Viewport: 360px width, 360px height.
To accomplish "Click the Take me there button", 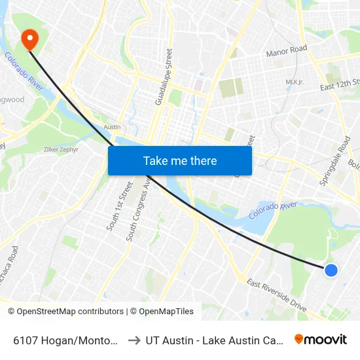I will pyautogui.click(x=179, y=160).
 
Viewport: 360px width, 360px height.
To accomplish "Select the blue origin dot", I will pyautogui.click(x=331, y=270).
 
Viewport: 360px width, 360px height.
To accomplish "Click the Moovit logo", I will pyautogui.click(x=320, y=339).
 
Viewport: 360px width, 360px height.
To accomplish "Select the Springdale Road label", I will pyautogui.click(x=334, y=161).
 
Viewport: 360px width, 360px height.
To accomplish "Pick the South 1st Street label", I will pyautogui.click(x=118, y=206).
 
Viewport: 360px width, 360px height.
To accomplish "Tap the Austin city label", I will pyautogui.click(x=113, y=127).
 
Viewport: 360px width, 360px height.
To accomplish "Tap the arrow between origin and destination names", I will pyautogui.click(x=133, y=340).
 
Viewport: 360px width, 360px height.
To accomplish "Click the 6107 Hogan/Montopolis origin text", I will pyautogui.click(x=65, y=340).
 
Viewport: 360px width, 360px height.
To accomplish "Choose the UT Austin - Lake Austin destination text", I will pyautogui.click(x=213, y=340).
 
